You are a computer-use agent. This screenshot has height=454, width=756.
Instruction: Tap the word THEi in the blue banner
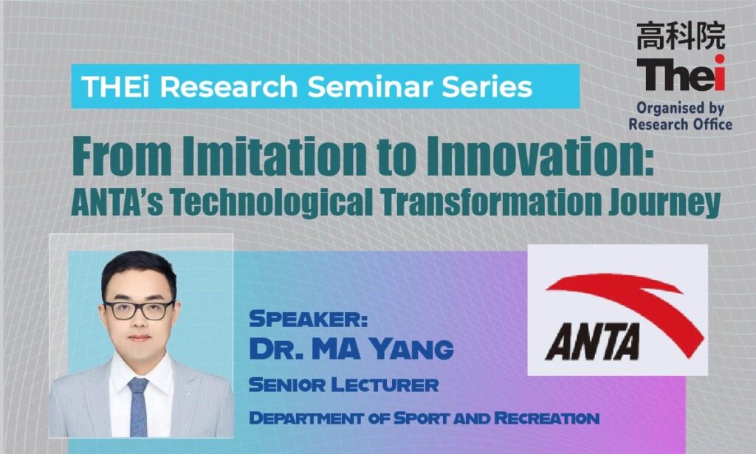click(x=116, y=87)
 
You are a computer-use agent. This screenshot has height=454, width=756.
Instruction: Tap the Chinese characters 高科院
click(x=681, y=35)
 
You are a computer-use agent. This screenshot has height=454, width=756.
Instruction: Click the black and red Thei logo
click(x=681, y=73)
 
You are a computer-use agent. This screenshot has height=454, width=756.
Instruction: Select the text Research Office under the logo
click(x=680, y=124)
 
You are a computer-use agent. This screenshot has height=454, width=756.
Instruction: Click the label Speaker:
click(x=308, y=319)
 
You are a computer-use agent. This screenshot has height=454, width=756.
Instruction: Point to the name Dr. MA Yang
click(x=351, y=349)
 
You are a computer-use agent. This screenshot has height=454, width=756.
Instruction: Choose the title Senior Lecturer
click(x=344, y=385)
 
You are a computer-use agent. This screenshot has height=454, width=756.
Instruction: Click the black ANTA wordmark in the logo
click(x=593, y=341)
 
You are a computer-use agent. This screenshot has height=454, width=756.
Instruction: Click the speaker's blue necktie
click(x=138, y=406)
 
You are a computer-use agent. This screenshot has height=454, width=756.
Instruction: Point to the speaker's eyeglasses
click(x=139, y=310)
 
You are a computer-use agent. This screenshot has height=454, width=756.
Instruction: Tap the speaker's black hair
click(x=139, y=272)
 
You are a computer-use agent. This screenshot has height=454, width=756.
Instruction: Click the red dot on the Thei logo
click(x=720, y=59)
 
